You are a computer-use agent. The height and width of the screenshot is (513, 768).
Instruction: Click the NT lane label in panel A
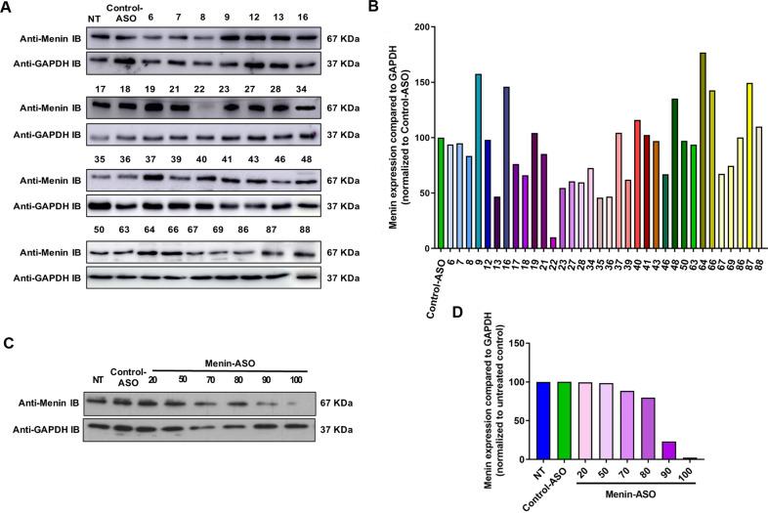[94, 18]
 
